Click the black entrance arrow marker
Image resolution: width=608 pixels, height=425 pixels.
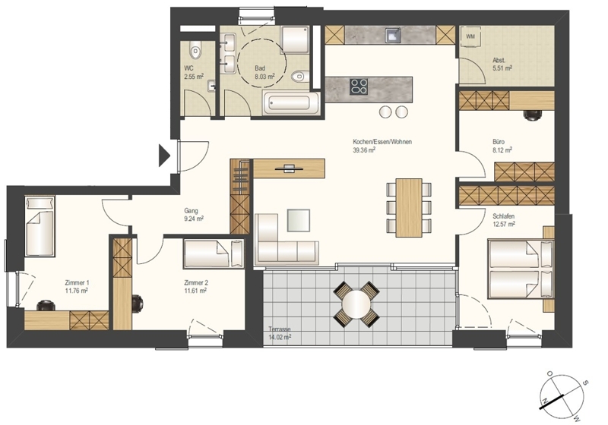tap(164, 156)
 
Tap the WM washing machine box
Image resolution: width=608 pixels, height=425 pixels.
tap(470, 37)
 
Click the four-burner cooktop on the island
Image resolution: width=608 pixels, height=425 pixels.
tap(359, 87)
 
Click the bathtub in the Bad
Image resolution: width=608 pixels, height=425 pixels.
tap(290, 103)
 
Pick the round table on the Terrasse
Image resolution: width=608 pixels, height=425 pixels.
tap(356, 304)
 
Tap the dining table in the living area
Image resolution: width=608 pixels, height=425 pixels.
tap(409, 207)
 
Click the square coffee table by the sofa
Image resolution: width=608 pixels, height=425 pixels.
tap(298, 220)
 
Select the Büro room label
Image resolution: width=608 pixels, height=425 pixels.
tap(499, 142)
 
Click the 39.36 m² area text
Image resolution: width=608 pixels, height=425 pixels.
tap(364, 150)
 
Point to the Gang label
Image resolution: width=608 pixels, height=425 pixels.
tap(192, 211)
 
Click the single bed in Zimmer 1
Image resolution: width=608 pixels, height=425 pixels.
tap(40, 226)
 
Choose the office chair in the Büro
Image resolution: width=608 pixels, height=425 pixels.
tap(532, 115)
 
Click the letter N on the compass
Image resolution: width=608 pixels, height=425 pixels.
tap(545, 401)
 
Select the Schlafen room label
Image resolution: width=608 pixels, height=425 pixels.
tap(504, 216)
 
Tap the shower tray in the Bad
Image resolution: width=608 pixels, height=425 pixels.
tap(295, 40)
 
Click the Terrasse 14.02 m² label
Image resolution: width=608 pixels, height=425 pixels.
tap(280, 333)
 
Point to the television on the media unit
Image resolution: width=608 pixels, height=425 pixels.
tap(289, 168)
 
